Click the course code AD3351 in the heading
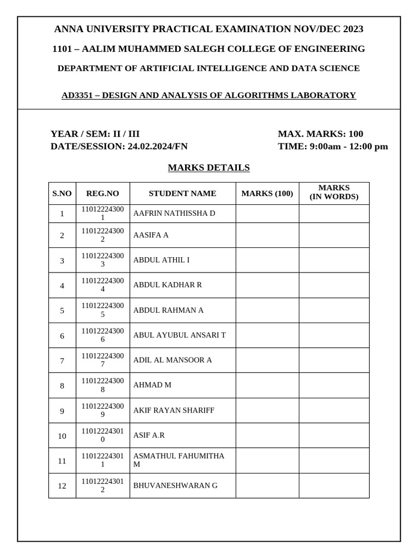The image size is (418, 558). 77,95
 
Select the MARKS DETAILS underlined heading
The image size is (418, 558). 208,168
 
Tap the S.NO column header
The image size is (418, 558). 62,193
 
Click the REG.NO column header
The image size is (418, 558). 102,193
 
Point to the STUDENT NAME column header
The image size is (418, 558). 182,193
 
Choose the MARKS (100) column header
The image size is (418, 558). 267,193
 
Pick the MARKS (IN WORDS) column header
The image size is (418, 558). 334,192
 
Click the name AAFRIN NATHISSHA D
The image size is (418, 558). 174,213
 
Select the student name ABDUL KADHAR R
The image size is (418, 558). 167,285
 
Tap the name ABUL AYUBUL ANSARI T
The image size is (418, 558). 179,335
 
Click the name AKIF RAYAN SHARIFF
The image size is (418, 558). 174,410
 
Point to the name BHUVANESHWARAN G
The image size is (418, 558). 175,486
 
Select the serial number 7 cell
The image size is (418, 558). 62,361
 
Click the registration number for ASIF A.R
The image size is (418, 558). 102,435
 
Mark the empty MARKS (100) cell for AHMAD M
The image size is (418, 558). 267,385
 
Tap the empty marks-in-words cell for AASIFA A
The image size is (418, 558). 334,235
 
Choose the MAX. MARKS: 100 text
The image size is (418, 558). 320,134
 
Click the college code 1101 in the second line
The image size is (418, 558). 62,49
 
